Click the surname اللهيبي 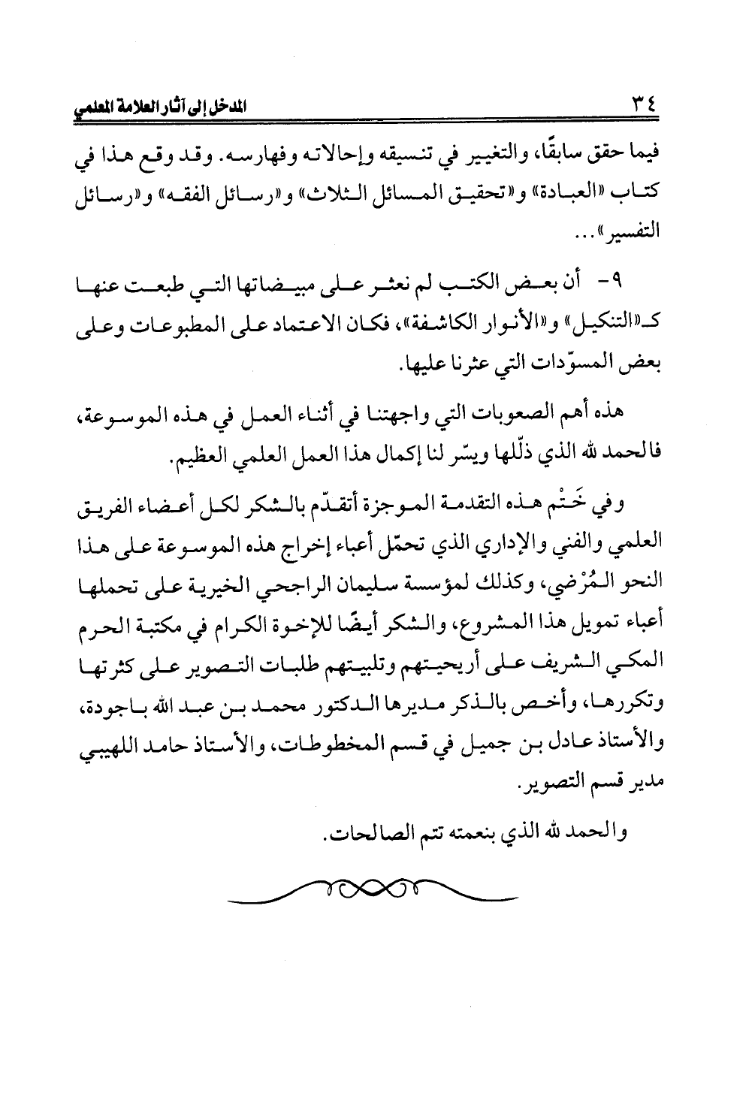point(104,743)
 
